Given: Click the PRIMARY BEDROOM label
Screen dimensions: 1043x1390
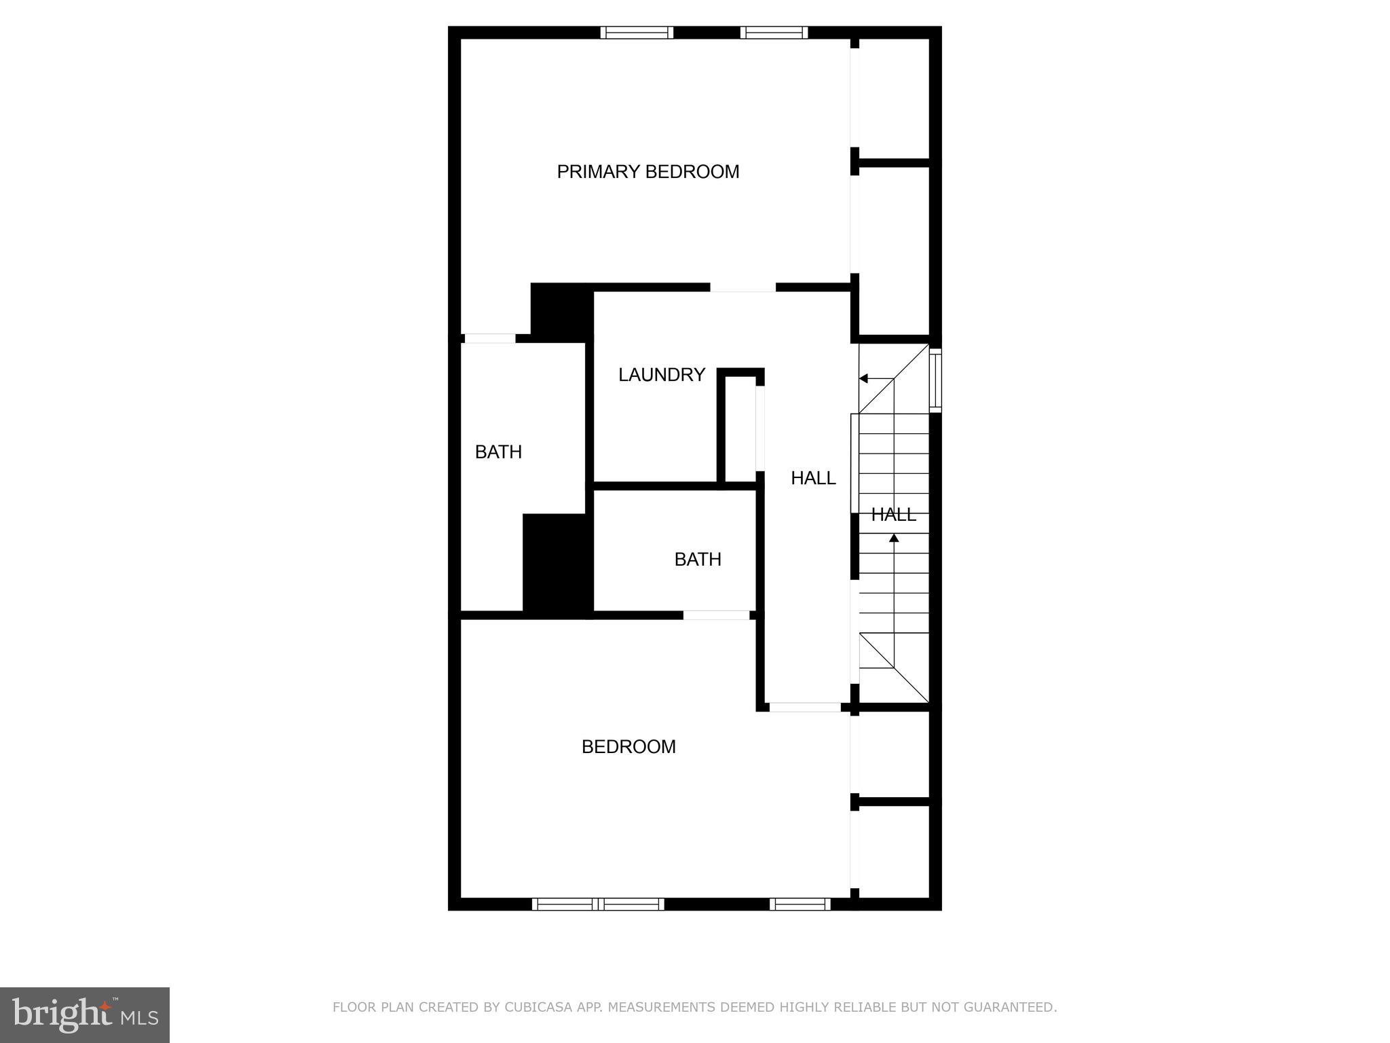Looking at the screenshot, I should pos(647,172).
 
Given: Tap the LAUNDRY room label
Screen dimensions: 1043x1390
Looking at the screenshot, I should pos(661,375).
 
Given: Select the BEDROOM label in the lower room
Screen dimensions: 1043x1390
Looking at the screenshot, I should pos(628,747).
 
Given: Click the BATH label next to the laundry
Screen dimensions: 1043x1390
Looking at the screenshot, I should pos(498,452).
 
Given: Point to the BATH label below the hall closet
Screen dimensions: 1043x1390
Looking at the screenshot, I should pos(697,560).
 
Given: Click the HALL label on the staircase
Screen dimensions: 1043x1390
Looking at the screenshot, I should pos(893,515).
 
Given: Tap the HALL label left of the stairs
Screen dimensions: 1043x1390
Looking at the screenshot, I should pos(812,478).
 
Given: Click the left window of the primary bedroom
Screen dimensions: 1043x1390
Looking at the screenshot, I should pos(637,33).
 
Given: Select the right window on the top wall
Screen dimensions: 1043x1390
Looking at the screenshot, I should pos(774,33).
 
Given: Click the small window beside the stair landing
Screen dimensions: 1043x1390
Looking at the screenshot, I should pos(935,380).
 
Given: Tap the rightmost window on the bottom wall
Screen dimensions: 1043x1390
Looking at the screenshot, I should pos(800,904).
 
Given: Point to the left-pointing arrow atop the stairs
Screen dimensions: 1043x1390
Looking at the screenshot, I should pos(865,378).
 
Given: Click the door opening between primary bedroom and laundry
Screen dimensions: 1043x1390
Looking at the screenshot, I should pos(743,288).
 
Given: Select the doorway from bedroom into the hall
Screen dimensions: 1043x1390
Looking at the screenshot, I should pos(805,707).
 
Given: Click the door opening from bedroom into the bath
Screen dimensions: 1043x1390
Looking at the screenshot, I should pos(716,615).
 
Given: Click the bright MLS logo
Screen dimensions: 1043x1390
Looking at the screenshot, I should pos(85,1015).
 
